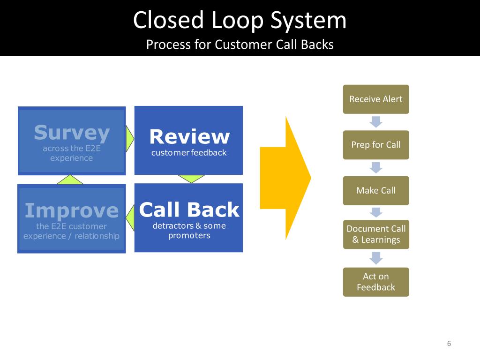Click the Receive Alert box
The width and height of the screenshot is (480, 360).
[x=376, y=99]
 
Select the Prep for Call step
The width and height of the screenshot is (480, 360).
[x=376, y=145]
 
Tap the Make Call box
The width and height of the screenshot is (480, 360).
[x=376, y=190]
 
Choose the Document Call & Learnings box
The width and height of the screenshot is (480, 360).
[x=376, y=234]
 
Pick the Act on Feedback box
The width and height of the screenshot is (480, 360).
[x=376, y=282]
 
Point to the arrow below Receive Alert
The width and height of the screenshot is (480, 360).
[x=376, y=122]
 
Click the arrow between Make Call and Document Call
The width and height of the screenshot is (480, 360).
[x=376, y=212]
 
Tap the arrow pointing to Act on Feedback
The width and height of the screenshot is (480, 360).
[x=376, y=258]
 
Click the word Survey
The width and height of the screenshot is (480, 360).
[x=72, y=133]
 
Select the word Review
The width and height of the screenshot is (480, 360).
[x=189, y=137]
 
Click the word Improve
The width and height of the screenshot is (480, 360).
[x=72, y=210]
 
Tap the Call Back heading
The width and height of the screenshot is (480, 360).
[x=189, y=210]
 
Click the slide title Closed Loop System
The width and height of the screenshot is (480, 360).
[x=240, y=21]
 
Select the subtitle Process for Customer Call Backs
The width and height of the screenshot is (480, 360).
[x=240, y=45]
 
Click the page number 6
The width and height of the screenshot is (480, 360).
[x=449, y=344]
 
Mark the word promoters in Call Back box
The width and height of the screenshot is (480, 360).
[x=189, y=235]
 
